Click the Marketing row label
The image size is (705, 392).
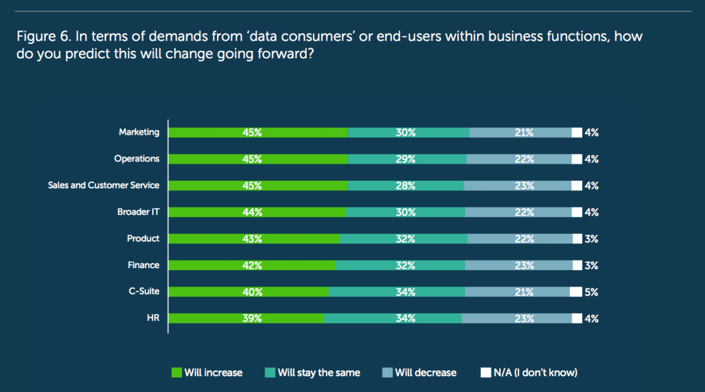(139, 132)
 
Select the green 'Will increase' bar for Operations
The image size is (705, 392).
(258, 159)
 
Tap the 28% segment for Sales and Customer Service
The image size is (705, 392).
(405, 186)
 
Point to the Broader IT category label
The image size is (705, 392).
(138, 212)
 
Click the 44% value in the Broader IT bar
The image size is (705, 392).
(252, 213)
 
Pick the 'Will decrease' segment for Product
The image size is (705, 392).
(520, 239)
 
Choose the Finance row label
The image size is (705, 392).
(143, 265)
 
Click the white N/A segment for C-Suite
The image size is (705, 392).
(576, 292)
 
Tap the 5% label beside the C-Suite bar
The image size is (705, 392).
(592, 292)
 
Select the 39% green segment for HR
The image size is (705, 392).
(246, 318)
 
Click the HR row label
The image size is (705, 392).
(153, 318)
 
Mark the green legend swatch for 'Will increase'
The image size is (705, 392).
(177, 373)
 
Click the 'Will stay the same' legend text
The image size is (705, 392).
(319, 373)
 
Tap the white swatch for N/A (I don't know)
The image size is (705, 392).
(485, 373)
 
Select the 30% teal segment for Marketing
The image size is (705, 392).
(408, 133)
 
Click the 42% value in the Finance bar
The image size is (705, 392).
(252, 265)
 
